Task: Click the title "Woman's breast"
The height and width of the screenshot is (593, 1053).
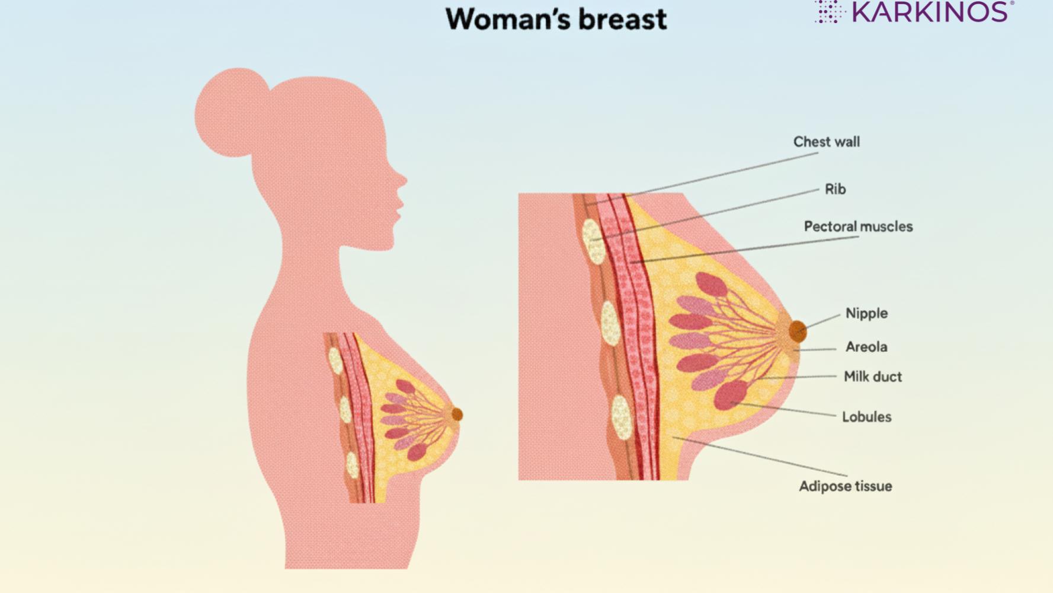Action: (x=556, y=19)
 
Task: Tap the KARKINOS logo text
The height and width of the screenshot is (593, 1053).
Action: (x=929, y=12)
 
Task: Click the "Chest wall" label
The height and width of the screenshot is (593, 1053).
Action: (x=826, y=142)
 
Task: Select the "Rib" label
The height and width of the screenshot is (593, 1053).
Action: (x=835, y=190)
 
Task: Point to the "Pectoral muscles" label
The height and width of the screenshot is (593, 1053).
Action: (x=857, y=227)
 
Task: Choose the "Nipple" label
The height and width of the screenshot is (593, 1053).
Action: (x=866, y=314)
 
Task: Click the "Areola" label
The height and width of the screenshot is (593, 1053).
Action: (x=866, y=347)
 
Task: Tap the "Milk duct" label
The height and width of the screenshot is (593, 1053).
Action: (x=872, y=377)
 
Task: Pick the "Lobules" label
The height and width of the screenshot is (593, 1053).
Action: (x=866, y=417)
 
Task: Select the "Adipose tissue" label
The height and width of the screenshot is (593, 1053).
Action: (x=845, y=487)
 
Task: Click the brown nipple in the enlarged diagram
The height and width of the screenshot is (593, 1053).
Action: (x=798, y=331)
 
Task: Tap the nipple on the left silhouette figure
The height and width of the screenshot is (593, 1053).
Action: (x=456, y=415)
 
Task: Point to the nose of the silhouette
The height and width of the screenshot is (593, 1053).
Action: (x=403, y=180)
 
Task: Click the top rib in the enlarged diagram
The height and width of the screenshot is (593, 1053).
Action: (x=593, y=241)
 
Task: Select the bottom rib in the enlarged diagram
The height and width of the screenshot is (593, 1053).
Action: (x=622, y=417)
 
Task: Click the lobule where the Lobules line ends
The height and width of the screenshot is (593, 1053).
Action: (x=731, y=396)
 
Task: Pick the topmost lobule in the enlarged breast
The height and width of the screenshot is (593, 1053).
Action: (x=711, y=285)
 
